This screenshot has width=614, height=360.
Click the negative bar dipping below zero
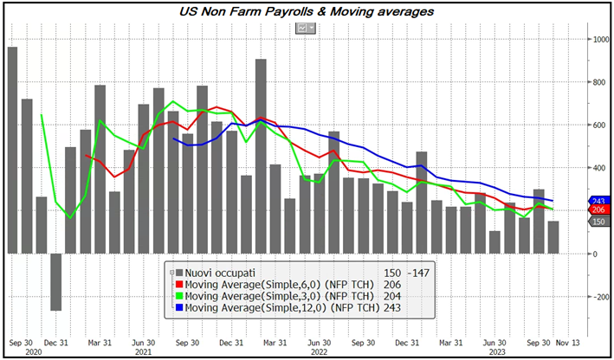[55, 282]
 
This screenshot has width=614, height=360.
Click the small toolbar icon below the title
[306, 28]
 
